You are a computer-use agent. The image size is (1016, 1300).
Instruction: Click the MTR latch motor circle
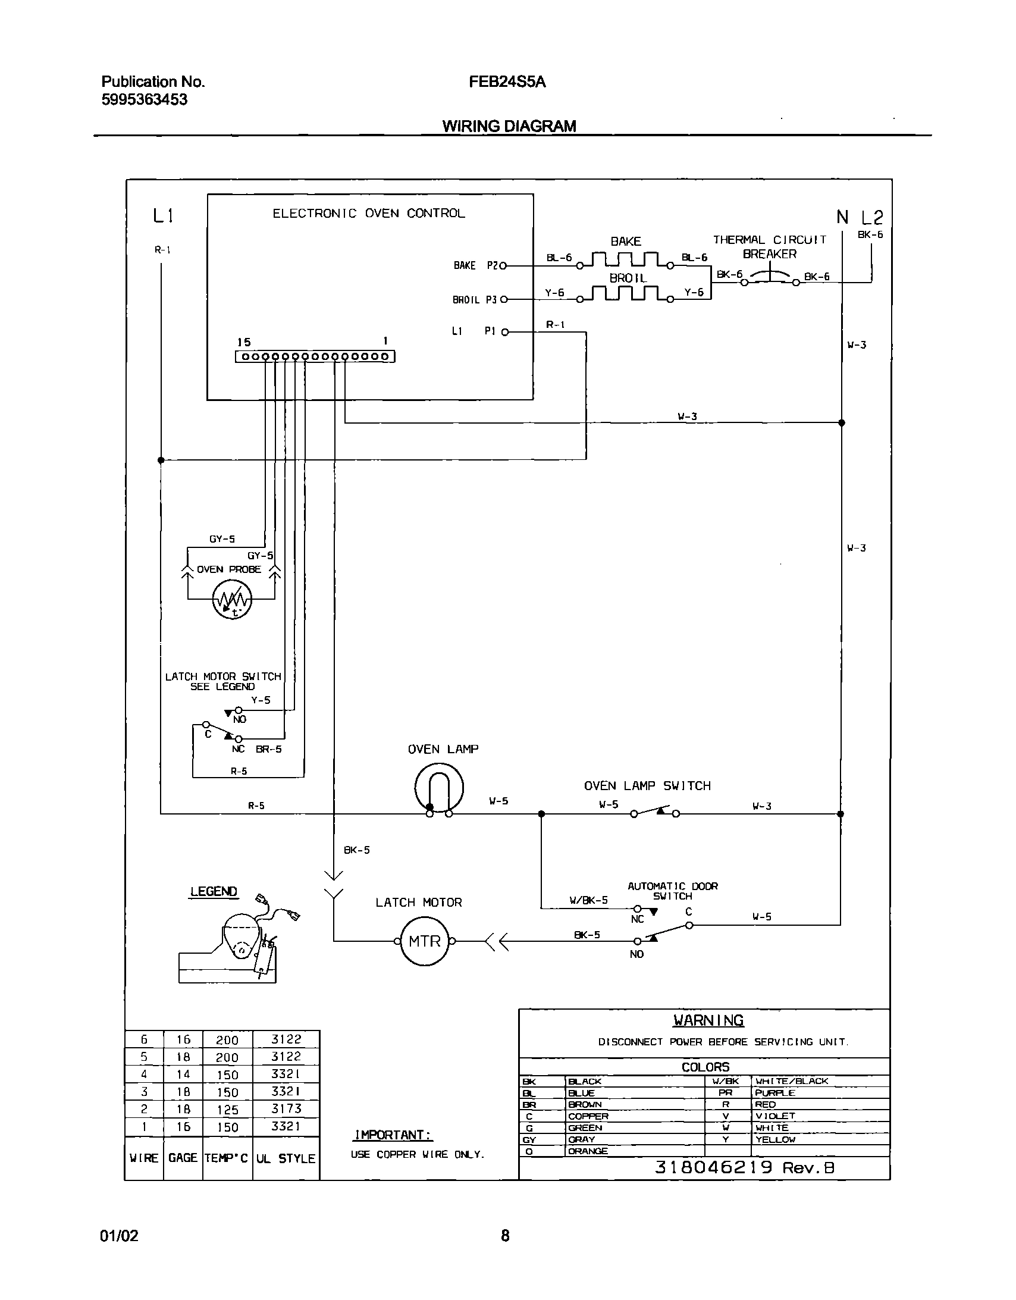(x=424, y=941)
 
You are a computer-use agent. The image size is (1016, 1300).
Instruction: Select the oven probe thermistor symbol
(x=232, y=599)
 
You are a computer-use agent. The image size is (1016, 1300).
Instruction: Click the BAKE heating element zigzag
(x=625, y=259)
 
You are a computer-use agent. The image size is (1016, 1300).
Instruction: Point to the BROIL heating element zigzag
(x=625, y=293)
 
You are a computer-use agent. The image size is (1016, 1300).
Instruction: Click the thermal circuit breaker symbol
(x=770, y=276)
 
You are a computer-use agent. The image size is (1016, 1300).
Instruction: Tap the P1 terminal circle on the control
(x=504, y=332)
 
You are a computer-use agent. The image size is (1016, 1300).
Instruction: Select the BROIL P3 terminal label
(x=474, y=300)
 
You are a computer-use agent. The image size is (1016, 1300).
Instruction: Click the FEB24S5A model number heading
(x=507, y=82)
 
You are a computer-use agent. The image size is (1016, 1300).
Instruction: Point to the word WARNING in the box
(x=708, y=1020)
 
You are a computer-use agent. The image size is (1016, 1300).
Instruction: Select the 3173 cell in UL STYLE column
(x=286, y=1108)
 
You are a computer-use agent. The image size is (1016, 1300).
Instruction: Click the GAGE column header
(x=183, y=1158)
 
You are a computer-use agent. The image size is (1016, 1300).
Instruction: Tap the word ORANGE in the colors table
(x=588, y=1151)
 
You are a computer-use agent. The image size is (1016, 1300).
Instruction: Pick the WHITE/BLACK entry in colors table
(x=792, y=1081)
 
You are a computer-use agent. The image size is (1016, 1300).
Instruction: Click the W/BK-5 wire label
(x=588, y=901)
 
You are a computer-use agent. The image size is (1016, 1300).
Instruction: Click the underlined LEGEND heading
(x=214, y=891)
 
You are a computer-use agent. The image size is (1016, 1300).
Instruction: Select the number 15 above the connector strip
(x=244, y=342)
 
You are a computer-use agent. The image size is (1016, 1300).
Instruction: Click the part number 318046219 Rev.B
(x=745, y=1167)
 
